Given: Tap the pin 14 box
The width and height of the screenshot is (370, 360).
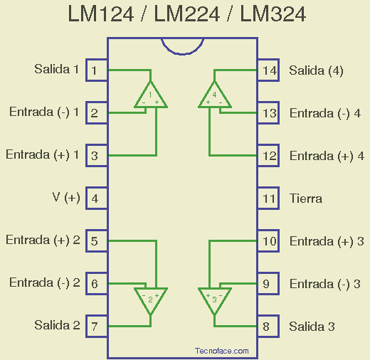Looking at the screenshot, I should coord(268,70).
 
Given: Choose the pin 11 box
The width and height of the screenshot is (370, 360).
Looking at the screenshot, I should coord(268,198).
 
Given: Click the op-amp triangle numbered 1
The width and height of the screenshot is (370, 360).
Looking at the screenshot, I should coord(151,96).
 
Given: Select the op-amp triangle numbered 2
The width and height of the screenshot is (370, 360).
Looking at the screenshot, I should coord(151,299).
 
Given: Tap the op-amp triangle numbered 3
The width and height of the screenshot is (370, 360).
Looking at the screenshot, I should coord(215,299).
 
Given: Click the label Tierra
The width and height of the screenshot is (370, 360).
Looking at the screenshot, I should coord(306,198).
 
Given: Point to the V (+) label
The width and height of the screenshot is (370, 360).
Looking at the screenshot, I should coord(66,198).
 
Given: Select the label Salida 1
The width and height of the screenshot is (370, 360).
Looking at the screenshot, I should coord(57,70).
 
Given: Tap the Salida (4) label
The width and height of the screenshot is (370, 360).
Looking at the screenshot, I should coord(316,70).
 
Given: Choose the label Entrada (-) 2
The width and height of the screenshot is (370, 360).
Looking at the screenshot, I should coord(44,283).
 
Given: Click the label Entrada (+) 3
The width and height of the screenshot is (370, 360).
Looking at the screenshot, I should coord(327,241).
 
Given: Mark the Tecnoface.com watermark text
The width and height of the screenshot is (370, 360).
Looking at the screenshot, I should coord(221,351).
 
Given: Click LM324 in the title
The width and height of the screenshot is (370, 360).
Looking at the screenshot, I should coord(273,15).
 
